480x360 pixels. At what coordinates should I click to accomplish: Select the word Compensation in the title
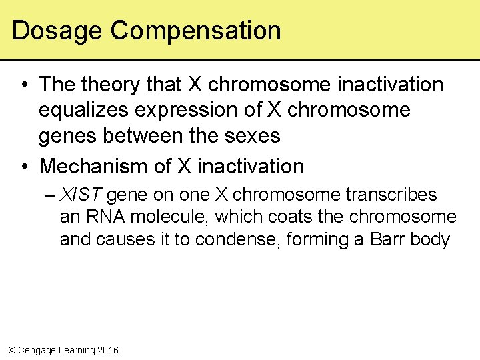pos(196,31)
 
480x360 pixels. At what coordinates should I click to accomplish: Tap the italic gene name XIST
pos(81,195)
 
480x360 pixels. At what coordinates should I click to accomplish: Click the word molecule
pos(169,217)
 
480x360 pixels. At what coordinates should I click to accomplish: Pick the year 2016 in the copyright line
pos(107,350)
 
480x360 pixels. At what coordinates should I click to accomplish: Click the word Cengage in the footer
pos(37,350)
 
